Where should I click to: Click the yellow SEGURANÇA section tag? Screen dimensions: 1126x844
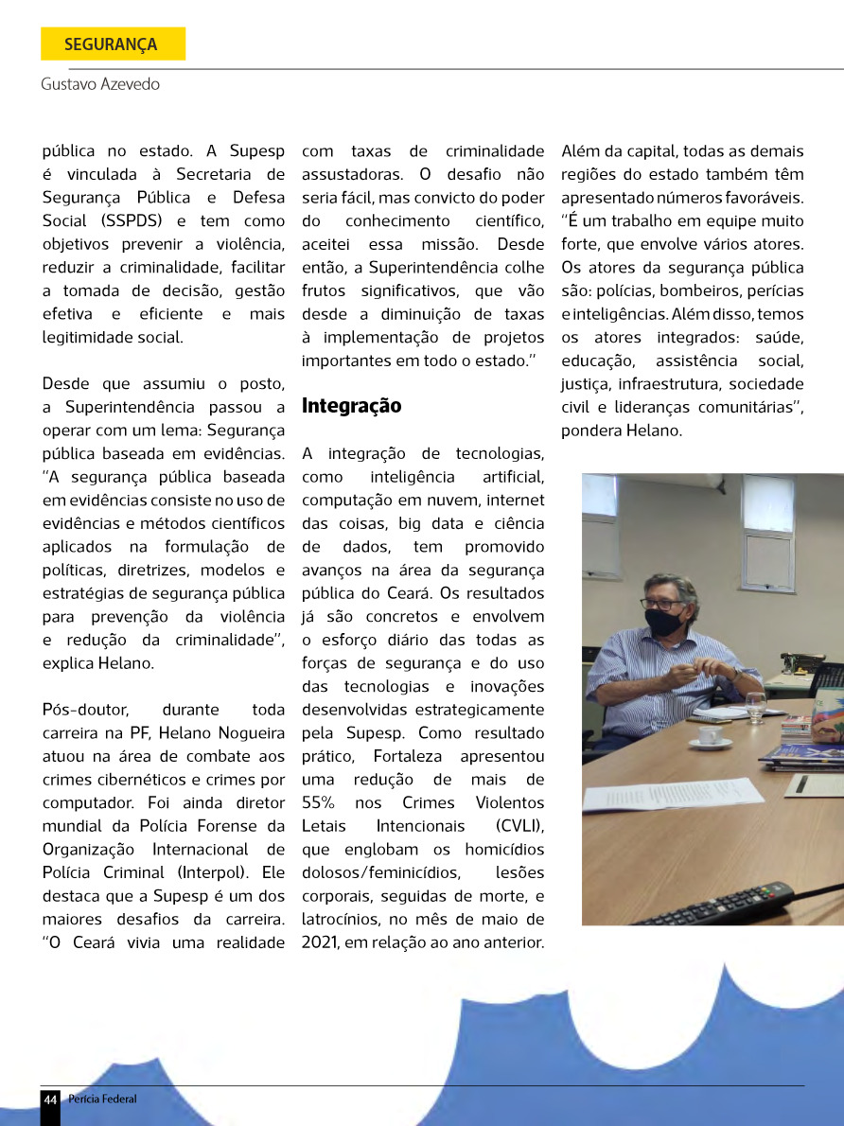pyautogui.click(x=112, y=44)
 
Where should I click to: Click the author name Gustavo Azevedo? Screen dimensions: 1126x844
pyautogui.click(x=100, y=84)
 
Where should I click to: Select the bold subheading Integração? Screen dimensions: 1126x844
pyautogui.click(x=351, y=406)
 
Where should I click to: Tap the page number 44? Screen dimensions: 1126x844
pyautogui.click(x=50, y=1099)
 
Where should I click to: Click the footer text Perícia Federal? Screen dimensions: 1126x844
pyautogui.click(x=102, y=1099)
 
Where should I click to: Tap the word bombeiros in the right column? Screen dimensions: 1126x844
pyautogui.click(x=698, y=290)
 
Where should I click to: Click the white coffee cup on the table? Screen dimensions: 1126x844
pyautogui.click(x=710, y=735)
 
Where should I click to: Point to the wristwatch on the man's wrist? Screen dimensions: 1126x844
pyautogui.click(x=735, y=674)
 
